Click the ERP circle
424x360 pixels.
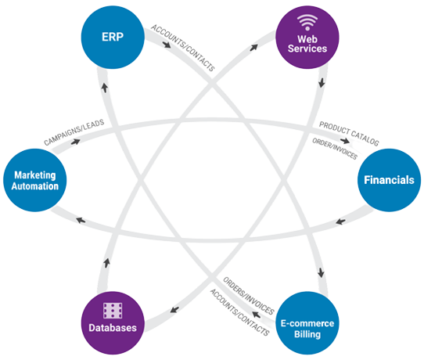click(x=113, y=38)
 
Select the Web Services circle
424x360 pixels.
click(x=307, y=38)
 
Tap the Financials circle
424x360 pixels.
click(x=389, y=180)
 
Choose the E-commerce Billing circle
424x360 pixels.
click(x=307, y=323)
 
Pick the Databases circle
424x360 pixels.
click(x=113, y=323)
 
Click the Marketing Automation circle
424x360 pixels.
click(x=35, y=180)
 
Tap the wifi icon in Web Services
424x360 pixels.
click(x=307, y=22)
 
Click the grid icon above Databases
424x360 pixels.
click(x=113, y=311)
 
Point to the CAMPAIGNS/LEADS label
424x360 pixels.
click(x=74, y=132)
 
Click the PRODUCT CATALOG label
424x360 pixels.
click(x=349, y=134)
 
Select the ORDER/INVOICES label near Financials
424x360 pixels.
click(x=335, y=149)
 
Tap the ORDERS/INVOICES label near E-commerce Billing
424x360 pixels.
click(x=249, y=296)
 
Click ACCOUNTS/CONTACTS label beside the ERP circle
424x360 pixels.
click(x=183, y=48)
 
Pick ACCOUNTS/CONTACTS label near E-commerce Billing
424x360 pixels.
click(x=240, y=312)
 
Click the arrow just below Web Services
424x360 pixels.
click(x=322, y=82)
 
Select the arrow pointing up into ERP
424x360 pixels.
click(x=104, y=88)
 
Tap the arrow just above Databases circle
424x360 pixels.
click(x=107, y=263)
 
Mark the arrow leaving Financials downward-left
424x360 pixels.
click(x=340, y=221)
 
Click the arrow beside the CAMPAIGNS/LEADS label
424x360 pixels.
click(x=75, y=142)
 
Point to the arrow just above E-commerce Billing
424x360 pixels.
click(x=321, y=272)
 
